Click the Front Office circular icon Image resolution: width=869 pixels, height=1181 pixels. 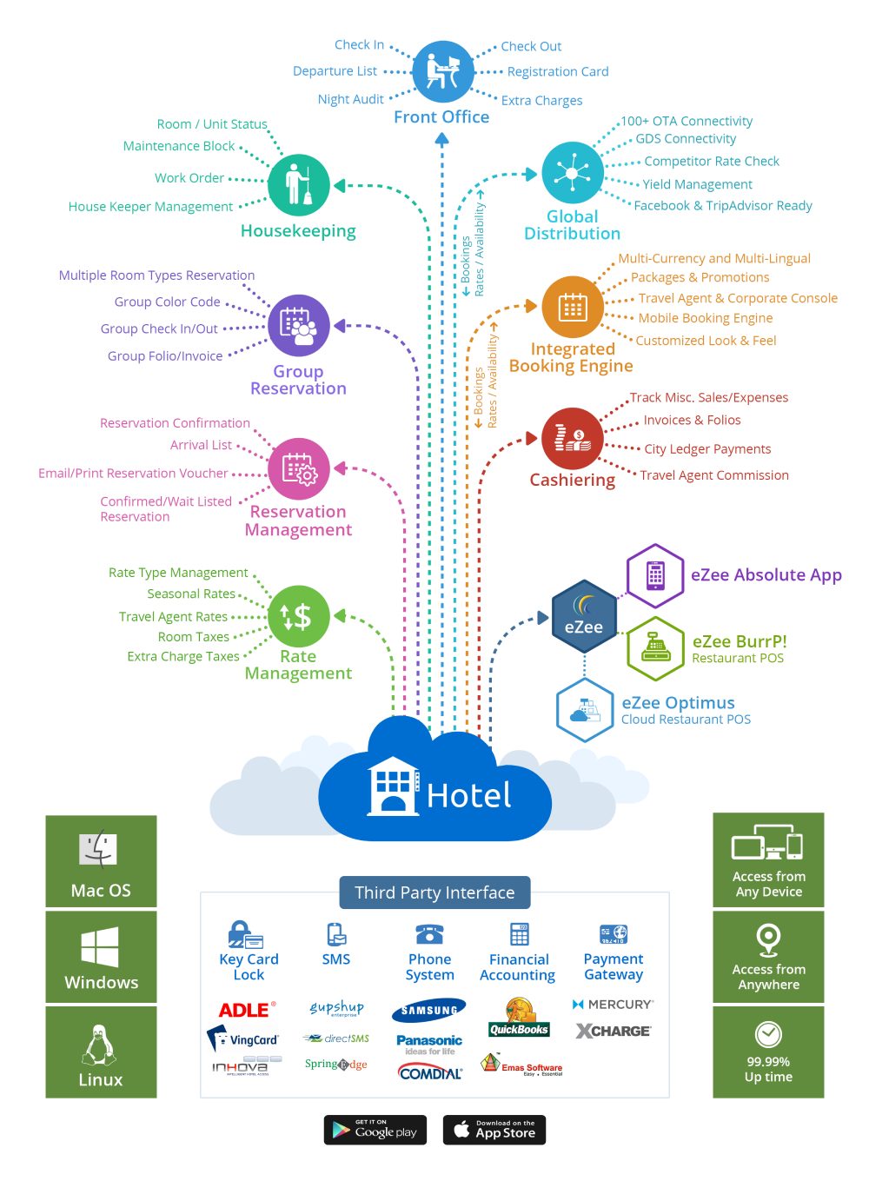(442, 71)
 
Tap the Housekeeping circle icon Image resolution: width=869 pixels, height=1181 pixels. (298, 185)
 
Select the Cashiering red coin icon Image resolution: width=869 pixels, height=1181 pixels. (572, 439)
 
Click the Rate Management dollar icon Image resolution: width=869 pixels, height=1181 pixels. (298, 616)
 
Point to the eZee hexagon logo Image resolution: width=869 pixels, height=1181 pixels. (584, 617)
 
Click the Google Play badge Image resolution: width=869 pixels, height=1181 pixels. (375, 1130)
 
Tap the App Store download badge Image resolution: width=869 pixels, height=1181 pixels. (494, 1130)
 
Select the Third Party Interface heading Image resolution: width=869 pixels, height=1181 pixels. (434, 892)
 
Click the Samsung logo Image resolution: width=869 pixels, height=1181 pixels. (429, 1010)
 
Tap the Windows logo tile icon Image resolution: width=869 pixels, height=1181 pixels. (100, 946)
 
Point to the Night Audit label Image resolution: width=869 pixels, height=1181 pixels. (350, 100)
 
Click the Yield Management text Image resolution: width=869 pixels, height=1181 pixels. (697, 184)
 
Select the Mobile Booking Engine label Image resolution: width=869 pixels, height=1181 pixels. (705, 318)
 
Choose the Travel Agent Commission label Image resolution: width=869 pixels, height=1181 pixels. (714, 475)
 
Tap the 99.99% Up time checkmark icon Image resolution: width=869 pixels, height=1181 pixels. (768, 1034)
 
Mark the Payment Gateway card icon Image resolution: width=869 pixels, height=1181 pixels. (614, 934)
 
